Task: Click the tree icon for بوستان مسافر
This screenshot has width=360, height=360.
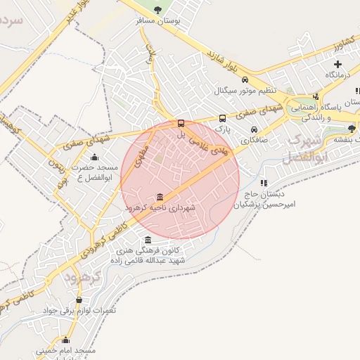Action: [157, 10]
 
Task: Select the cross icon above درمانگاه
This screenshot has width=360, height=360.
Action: [337, 64]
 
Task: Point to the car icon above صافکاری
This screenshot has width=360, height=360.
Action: [254, 130]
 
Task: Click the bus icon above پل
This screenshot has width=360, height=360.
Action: [181, 124]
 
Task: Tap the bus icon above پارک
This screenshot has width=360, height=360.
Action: [223, 119]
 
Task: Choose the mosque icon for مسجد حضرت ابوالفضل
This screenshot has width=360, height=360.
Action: [95, 157]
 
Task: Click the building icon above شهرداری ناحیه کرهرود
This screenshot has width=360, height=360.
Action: [160, 196]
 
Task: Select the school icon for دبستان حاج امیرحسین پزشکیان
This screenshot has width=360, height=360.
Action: [263, 184]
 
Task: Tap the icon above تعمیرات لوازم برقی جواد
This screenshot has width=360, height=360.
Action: [79, 300]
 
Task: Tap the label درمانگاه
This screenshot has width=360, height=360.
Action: [337, 75]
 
